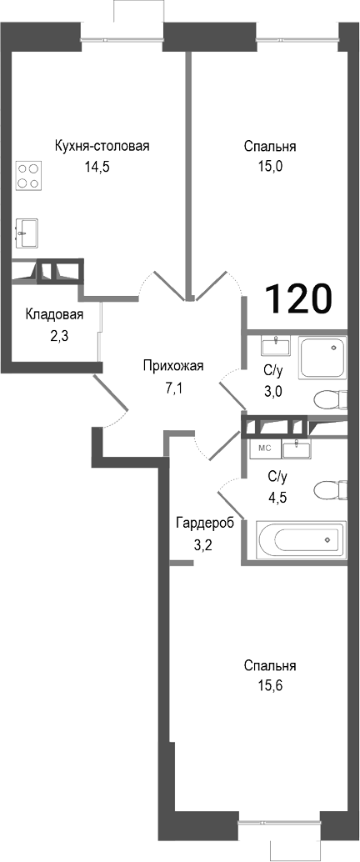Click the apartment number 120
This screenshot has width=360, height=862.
tap(298, 298)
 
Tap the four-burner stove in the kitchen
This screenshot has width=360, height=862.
tap(28, 176)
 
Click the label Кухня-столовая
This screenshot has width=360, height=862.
tap(102, 147)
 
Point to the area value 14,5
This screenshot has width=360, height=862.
tap(97, 166)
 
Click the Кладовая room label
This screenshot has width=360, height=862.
tap(54, 314)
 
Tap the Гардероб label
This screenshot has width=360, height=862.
tap(204, 523)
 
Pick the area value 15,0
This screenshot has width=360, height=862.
tap(270, 166)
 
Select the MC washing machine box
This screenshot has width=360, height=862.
tap(265, 448)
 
